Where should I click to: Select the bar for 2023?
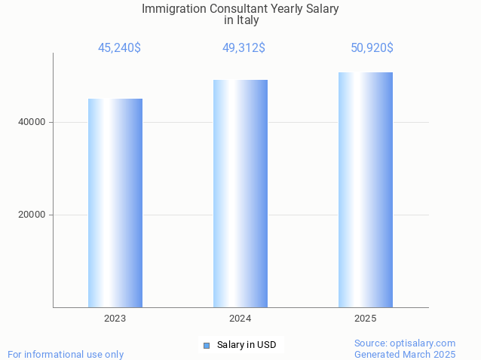(x=115, y=203)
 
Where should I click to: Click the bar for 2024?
(x=240, y=194)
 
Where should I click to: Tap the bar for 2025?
(x=366, y=190)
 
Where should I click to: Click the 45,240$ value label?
(x=119, y=48)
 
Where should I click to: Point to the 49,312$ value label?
(x=243, y=48)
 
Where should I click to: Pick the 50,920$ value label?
(x=372, y=48)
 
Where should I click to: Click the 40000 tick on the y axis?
(x=31, y=122)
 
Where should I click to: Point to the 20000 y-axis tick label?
(x=31, y=215)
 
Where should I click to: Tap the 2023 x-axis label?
(x=115, y=319)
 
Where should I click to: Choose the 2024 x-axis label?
(x=240, y=319)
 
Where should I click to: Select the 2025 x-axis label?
(x=366, y=319)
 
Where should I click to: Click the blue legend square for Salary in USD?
(x=206, y=346)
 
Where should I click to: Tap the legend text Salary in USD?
(x=247, y=345)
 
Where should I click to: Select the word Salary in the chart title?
(x=321, y=9)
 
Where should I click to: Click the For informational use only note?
(x=66, y=354)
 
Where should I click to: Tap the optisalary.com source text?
(x=425, y=343)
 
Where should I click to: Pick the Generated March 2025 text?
(x=405, y=354)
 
